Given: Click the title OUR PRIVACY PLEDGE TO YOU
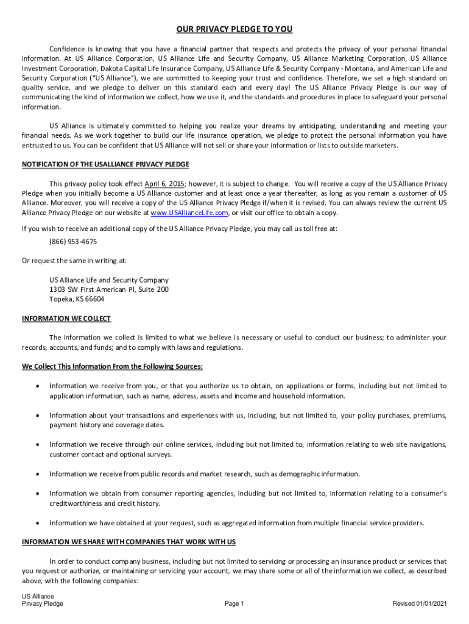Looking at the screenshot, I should click(234, 29).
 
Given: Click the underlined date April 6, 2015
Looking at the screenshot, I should click(164, 183).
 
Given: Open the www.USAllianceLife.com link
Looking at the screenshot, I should click(189, 213).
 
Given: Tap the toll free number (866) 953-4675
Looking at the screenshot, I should click(73, 241).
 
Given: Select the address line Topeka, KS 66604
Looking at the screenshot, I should click(77, 299).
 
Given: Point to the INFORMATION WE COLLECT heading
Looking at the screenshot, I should click(66, 319).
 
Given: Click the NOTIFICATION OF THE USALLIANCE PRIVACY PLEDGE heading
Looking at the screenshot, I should click(105, 165).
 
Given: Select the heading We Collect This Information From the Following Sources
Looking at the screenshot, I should click(112, 367).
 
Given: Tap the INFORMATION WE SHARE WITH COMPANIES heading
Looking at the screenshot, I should click(129, 542).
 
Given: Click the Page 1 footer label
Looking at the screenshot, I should click(234, 604).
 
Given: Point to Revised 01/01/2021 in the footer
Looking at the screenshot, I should click(420, 604).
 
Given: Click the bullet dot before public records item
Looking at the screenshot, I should click(38, 474).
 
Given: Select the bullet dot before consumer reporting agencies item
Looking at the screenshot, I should click(38, 494).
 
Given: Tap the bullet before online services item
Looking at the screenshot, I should click(38, 445).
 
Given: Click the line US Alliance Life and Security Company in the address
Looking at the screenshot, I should click(109, 280).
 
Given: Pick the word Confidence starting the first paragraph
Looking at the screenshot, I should click(67, 49).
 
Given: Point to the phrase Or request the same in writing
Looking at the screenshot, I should click(74, 261).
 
